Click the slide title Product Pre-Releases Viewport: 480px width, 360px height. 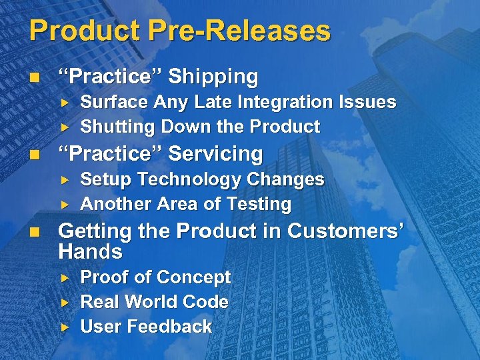tap(179, 31)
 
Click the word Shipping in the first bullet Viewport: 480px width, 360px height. tap(213, 77)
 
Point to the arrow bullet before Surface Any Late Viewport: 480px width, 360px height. tap(65, 103)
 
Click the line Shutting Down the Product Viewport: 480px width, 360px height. tap(200, 127)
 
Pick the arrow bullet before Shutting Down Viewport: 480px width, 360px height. tap(65, 127)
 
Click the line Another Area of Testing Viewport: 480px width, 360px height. tap(185, 205)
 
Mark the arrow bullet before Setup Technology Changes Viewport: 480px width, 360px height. tap(65, 180)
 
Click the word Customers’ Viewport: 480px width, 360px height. tap(347, 231)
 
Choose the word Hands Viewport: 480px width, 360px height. tap(91, 252)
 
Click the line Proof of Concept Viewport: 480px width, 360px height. tap(155, 277)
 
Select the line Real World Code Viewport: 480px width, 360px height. tap(154, 302)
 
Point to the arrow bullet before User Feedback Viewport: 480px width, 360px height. tap(65, 327)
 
